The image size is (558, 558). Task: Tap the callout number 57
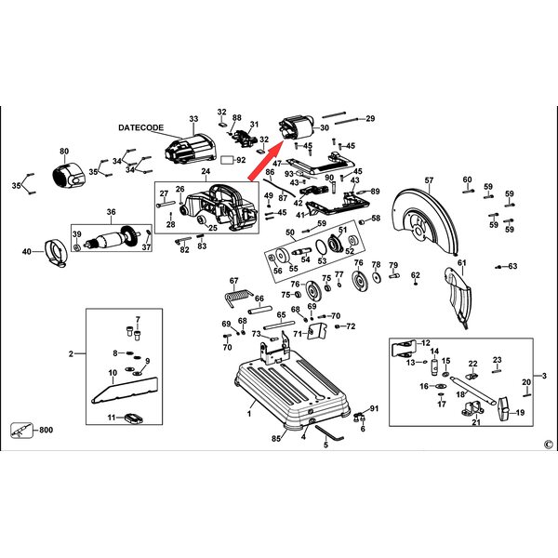pos(429,179)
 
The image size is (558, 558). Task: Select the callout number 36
pos(112,212)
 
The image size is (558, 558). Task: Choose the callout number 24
pos(206,171)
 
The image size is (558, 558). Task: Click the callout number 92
pos(241,160)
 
